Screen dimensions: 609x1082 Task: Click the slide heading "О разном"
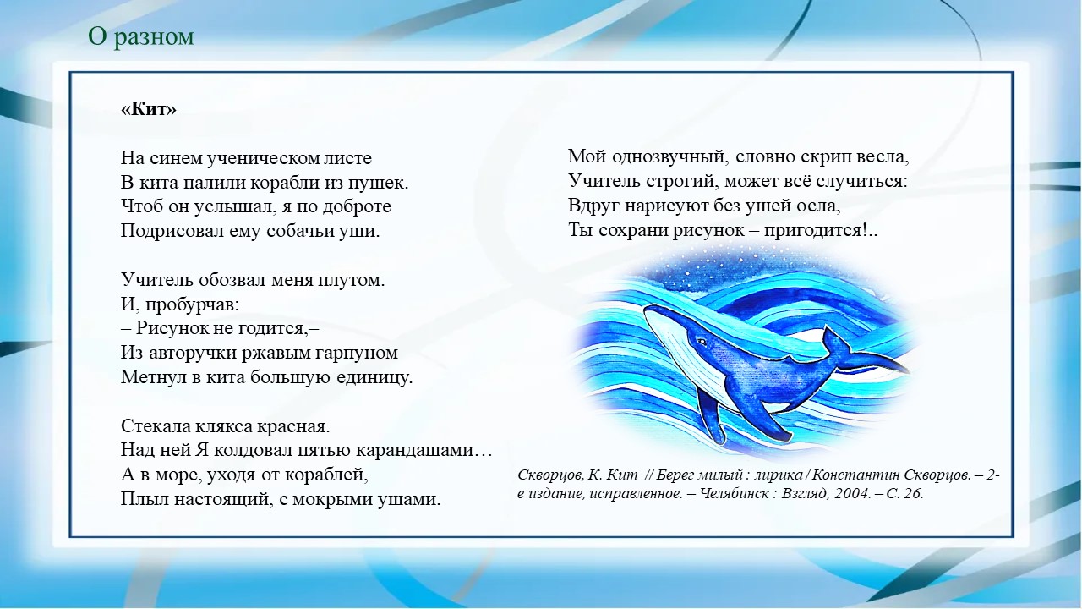[x=141, y=36]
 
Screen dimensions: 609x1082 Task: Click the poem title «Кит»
[x=149, y=109]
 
